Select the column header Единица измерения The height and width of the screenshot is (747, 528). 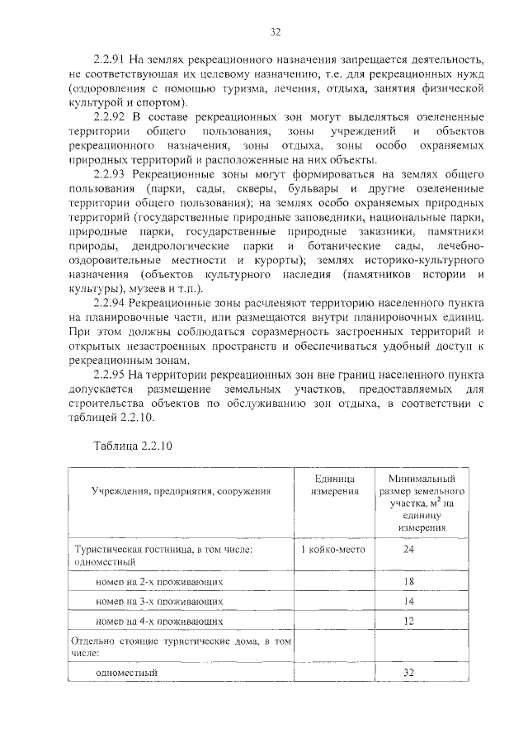334,485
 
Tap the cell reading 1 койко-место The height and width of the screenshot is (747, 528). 333,549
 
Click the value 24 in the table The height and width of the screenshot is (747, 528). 408,549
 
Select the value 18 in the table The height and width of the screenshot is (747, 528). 408,582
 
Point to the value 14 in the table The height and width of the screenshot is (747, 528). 408,601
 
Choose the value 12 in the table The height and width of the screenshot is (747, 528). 408,620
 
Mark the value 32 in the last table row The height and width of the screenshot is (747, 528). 408,673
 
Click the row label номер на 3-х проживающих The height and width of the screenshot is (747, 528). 158,601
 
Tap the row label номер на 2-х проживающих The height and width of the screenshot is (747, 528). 158,582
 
